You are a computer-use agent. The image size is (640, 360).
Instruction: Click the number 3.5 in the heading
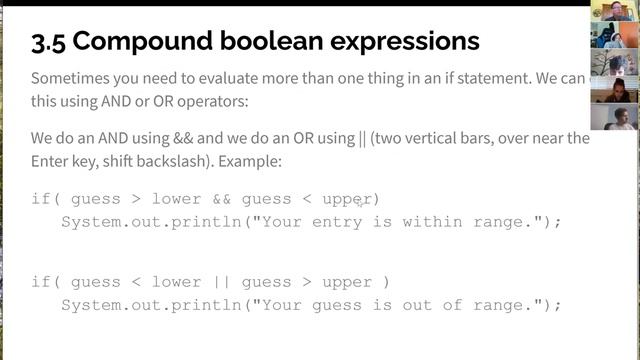(49, 42)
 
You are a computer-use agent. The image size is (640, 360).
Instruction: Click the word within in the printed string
(432, 221)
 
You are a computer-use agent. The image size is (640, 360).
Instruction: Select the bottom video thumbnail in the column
(613, 117)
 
